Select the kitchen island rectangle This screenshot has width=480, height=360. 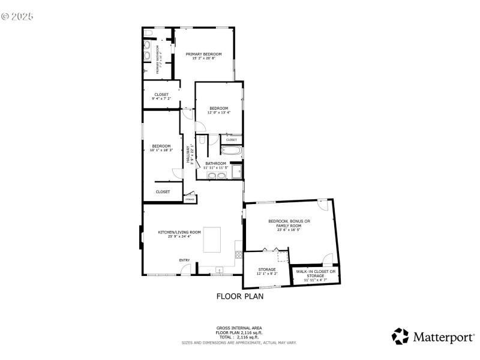212,239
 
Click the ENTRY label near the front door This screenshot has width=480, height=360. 184,260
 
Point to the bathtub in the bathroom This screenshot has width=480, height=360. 231,151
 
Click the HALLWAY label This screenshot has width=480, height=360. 187,155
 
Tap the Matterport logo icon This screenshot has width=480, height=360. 400,336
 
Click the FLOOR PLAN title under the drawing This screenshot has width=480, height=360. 239,296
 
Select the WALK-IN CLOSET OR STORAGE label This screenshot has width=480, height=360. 316,274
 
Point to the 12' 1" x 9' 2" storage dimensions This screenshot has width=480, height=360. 267,274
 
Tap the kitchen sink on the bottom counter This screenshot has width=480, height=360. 220,271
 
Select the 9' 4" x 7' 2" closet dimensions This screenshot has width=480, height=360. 161,98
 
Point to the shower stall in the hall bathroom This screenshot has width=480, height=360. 236,173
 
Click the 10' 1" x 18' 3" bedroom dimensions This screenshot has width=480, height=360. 162,149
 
